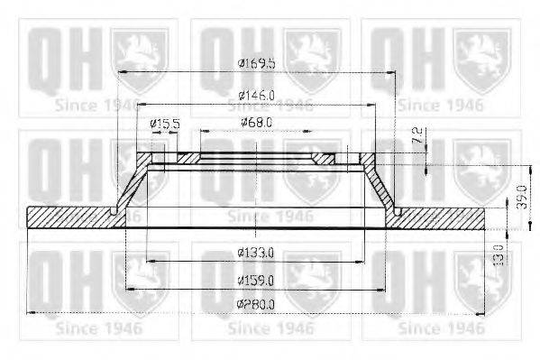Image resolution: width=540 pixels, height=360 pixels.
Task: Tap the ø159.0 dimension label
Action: [256, 281]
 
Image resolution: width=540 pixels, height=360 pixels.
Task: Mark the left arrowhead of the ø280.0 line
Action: [32, 312]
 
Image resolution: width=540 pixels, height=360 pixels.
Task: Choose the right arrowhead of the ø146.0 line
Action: [374, 104]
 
